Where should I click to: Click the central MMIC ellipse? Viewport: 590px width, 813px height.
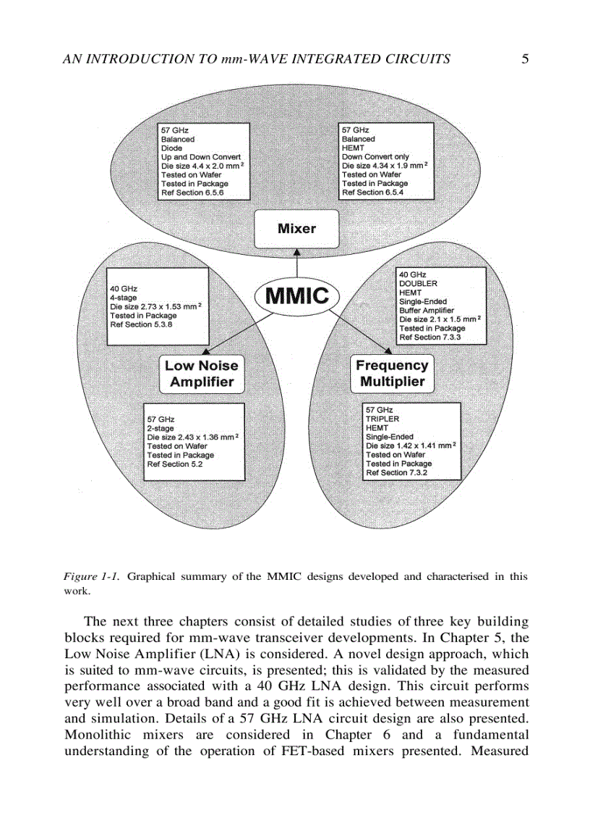[297, 295]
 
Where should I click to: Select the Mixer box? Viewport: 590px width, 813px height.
[296, 229]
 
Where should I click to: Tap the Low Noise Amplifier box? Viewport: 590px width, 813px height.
[201, 374]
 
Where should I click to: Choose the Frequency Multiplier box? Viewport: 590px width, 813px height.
[392, 374]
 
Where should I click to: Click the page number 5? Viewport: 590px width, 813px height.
[524, 59]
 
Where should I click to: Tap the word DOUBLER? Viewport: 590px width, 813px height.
[418, 284]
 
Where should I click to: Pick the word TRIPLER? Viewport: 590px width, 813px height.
[382, 419]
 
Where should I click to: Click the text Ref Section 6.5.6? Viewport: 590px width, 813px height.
[192, 193]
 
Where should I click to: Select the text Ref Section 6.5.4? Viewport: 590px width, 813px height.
[372, 193]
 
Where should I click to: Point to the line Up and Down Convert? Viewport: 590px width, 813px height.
[201, 156]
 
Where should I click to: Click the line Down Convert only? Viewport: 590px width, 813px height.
[375, 156]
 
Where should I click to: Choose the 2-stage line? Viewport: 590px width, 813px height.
[161, 429]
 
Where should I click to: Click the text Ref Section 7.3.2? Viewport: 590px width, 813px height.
[397, 473]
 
